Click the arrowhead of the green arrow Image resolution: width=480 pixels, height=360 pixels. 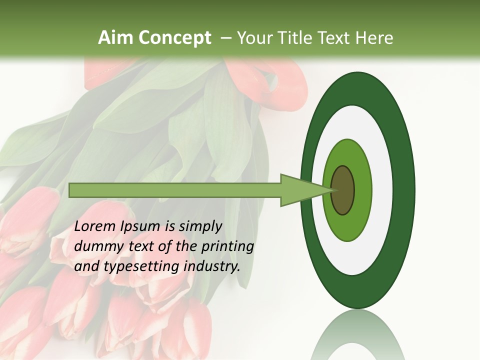(305, 190)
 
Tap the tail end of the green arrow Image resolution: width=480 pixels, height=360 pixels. (72, 190)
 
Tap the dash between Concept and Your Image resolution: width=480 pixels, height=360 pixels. (225, 38)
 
